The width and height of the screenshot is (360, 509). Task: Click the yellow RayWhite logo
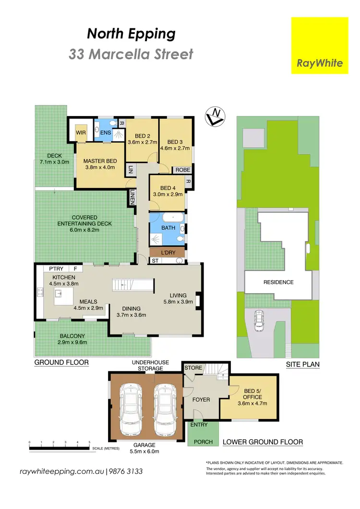pyautogui.click(x=320, y=46)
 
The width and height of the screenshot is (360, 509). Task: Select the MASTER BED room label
pyautogui.click(x=99, y=161)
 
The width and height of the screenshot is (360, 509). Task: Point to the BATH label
pyautogui.click(x=168, y=228)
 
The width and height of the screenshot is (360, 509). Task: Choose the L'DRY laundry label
pyautogui.click(x=168, y=252)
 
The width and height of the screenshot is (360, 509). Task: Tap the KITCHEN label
pyautogui.click(x=62, y=277)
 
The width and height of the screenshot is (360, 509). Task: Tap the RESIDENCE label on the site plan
pyautogui.click(x=278, y=282)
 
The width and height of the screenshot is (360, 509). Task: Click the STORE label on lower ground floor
pyautogui.click(x=193, y=368)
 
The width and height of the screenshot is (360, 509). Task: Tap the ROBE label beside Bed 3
pyautogui.click(x=182, y=170)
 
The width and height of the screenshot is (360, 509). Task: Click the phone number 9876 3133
pyautogui.click(x=126, y=472)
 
